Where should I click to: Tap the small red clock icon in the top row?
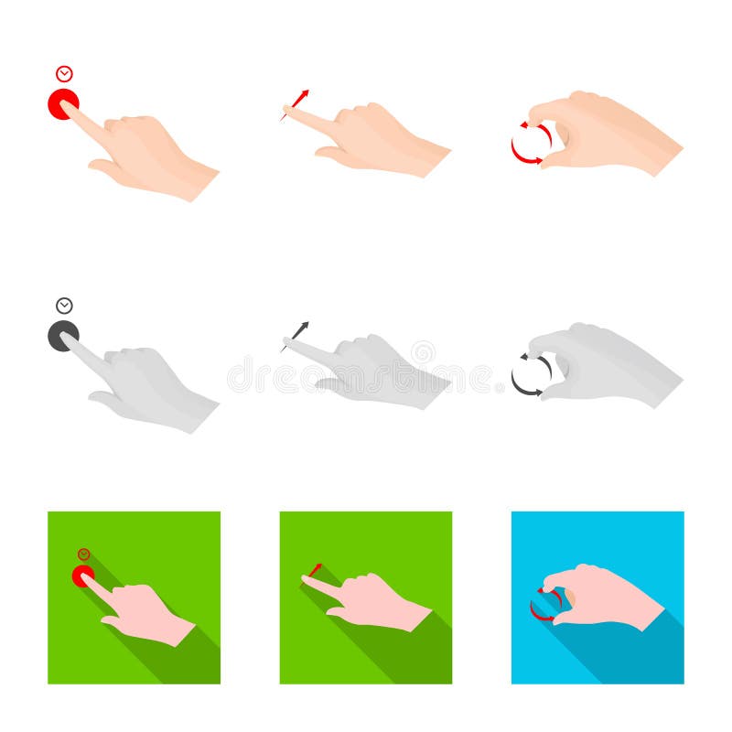tap(64, 74)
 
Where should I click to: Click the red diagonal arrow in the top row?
tap(298, 102)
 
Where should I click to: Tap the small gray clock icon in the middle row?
tap(64, 306)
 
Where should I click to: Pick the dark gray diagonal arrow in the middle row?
tap(298, 334)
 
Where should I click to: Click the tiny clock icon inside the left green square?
tap(84, 554)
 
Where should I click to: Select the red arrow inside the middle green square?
tap(314, 569)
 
